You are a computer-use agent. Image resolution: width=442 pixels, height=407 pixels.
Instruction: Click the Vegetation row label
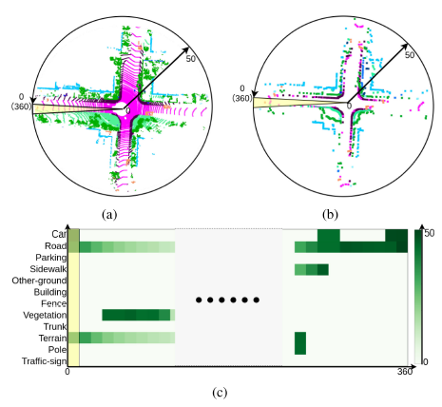coord(45,315)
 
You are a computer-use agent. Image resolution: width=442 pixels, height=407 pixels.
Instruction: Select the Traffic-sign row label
coord(45,361)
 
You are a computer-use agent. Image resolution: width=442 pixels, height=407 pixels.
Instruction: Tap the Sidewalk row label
coord(48,269)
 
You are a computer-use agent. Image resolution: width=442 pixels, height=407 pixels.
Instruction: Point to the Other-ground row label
coord(39,281)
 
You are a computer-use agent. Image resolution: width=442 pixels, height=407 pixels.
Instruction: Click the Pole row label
coord(58,349)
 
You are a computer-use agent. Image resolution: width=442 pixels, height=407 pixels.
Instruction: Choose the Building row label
coord(50,292)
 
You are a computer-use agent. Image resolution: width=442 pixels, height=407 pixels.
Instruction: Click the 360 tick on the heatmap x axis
coord(405,372)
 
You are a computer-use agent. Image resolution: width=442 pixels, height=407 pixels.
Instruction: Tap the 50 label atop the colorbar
coord(430,233)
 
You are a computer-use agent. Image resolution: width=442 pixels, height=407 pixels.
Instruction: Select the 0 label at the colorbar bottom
coord(426,361)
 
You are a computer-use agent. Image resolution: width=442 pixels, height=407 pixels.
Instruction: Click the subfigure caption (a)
coord(109,215)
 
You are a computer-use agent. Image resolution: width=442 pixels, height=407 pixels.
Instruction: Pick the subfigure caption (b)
coord(330,215)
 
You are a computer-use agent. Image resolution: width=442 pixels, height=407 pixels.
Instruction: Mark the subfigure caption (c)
coord(220,393)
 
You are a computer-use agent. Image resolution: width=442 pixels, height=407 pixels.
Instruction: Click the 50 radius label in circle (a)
coord(190,59)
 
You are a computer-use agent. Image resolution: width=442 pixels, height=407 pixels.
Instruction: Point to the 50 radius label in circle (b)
coord(410,55)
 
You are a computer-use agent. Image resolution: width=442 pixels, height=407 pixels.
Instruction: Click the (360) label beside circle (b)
coord(242,98)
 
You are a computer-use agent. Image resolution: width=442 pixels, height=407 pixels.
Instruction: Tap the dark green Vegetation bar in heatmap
coord(136,315)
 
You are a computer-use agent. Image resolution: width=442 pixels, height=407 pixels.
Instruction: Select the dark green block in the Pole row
coord(300,343)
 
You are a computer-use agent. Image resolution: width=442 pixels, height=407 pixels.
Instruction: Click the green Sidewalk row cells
coord(312,269)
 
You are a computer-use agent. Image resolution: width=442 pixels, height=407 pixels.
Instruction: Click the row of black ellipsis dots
coord(227,300)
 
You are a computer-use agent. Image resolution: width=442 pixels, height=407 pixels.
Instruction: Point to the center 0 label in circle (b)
coord(349,107)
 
